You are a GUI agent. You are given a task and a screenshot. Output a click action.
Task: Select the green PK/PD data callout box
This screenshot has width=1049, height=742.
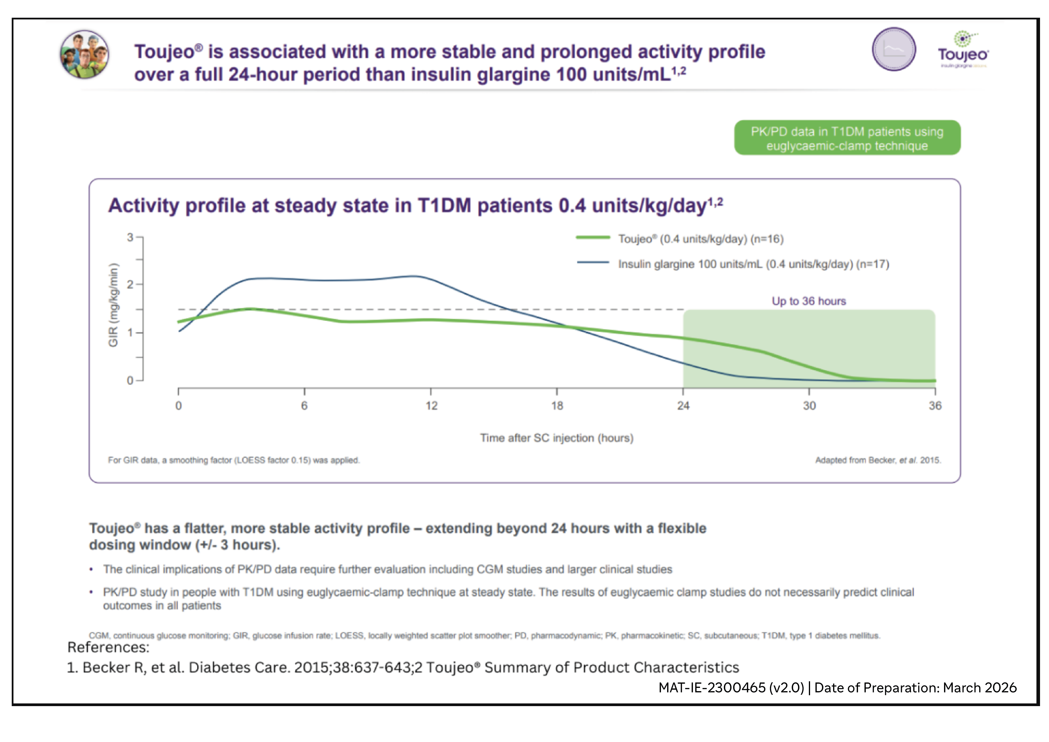click(847, 138)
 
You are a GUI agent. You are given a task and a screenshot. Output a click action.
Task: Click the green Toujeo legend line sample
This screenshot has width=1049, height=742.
click(593, 237)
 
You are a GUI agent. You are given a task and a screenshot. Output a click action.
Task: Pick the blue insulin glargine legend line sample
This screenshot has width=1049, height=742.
click(593, 263)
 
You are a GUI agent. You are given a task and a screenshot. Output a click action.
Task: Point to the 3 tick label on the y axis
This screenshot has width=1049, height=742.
click(130, 237)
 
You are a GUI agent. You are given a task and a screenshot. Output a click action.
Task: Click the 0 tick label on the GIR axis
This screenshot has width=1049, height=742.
click(130, 380)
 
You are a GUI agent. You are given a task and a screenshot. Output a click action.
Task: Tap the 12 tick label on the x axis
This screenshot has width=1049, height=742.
click(431, 406)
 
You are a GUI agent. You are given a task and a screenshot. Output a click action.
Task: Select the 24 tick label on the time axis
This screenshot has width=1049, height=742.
click(683, 406)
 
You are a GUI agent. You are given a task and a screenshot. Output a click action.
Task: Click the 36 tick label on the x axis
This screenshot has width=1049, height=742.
click(935, 406)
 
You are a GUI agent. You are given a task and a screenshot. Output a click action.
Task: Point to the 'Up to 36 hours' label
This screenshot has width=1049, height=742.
click(809, 301)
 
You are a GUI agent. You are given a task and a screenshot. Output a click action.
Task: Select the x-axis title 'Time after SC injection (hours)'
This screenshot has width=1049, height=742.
click(556, 438)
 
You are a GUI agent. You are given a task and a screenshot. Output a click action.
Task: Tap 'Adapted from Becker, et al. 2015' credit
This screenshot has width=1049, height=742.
click(878, 460)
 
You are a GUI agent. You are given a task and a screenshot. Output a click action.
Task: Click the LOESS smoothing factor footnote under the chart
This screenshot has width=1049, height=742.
click(234, 460)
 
